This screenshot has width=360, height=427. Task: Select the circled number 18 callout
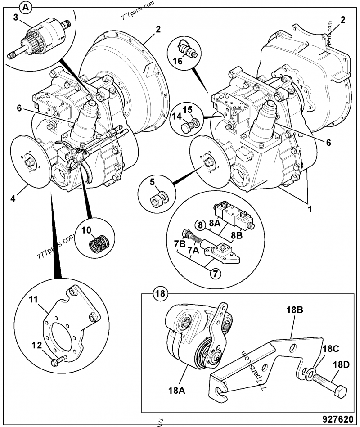point(159,294)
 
